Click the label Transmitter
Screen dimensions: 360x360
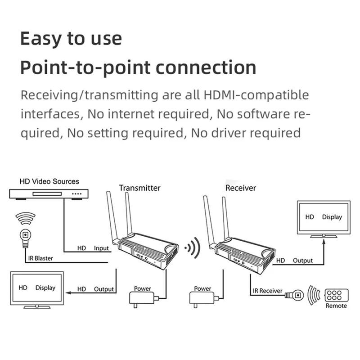coord(139,188)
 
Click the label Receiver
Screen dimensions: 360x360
coord(241,188)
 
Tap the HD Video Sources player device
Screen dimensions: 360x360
coord(49,194)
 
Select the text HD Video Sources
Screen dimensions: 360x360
coord(49,182)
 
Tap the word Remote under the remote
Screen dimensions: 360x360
coord(336,306)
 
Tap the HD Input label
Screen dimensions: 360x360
coord(93,248)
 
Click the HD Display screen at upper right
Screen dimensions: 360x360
coord(324,217)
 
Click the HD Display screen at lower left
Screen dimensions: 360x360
coord(37,288)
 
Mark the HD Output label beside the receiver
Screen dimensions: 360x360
coord(295,260)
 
